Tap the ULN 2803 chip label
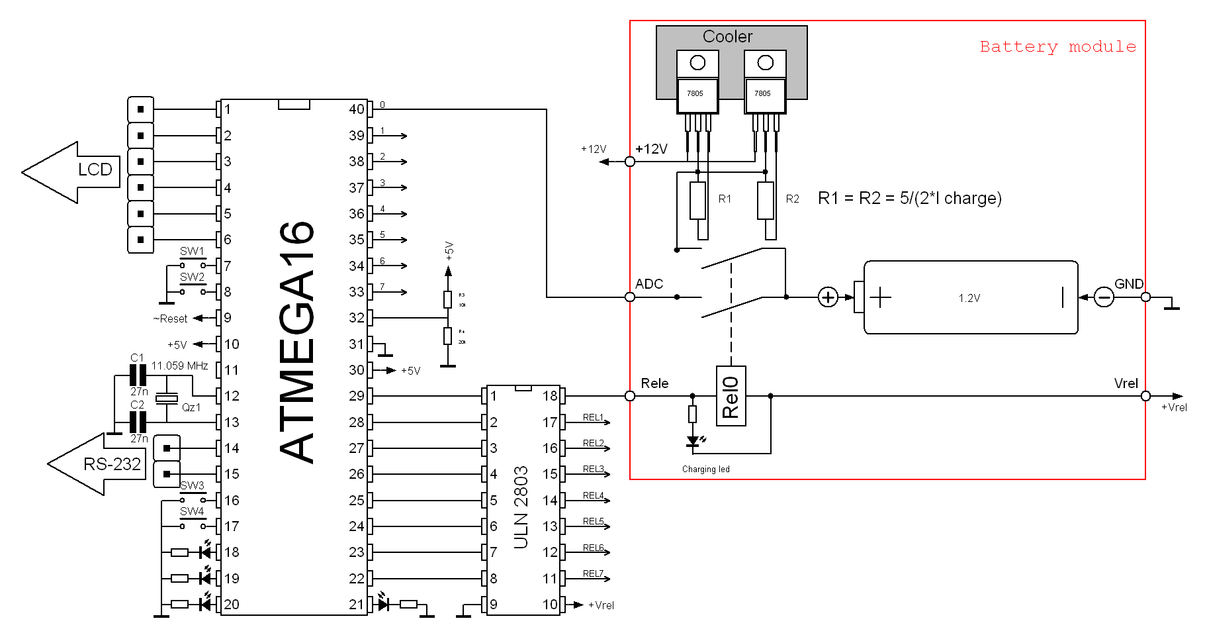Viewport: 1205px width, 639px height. [x=521, y=507]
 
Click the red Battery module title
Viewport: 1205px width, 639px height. [x=1057, y=46]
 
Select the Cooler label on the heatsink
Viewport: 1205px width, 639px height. [x=727, y=36]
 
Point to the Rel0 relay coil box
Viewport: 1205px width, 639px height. [x=731, y=396]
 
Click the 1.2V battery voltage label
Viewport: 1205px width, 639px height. [x=969, y=298]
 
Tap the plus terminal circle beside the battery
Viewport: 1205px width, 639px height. [x=828, y=297]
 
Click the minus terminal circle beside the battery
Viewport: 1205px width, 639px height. [x=1104, y=297]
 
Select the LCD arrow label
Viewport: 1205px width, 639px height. [x=95, y=170]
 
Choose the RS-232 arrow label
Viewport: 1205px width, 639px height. [x=112, y=464]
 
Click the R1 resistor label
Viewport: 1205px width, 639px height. [x=725, y=199]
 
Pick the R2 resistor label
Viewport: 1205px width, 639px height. [x=792, y=199]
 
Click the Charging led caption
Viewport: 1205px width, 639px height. [x=705, y=469]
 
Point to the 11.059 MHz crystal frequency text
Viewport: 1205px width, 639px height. [x=179, y=366]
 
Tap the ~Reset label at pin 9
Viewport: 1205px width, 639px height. [x=171, y=319]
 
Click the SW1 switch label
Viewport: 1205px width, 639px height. [x=192, y=251]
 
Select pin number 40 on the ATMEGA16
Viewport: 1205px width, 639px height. [x=356, y=109]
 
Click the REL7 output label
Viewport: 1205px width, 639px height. [x=593, y=573]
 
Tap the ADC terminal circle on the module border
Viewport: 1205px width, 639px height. [x=630, y=297]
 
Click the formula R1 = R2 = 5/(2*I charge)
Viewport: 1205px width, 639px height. [x=910, y=198]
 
